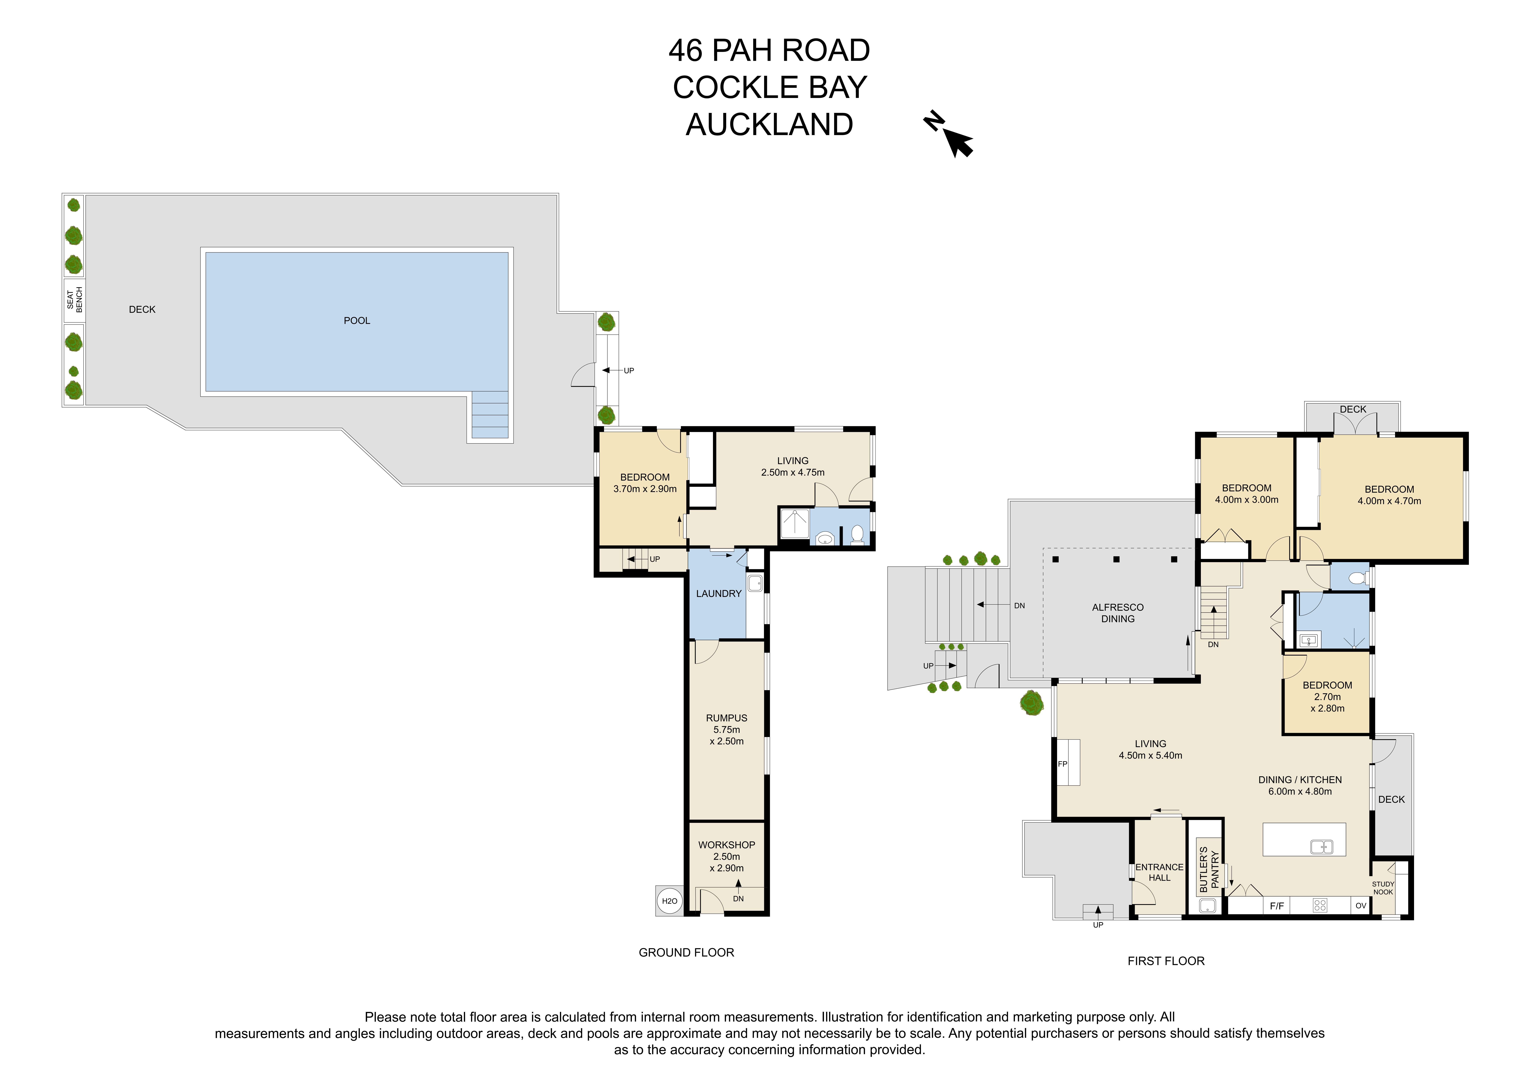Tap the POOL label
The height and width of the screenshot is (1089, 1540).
coord(357,321)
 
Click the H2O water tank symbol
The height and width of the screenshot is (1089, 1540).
coord(669,901)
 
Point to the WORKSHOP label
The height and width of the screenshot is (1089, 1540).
coord(726,845)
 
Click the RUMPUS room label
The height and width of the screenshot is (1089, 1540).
coord(726,718)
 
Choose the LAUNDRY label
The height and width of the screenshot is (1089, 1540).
coord(718,594)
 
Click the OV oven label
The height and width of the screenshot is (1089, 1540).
coord(1361,906)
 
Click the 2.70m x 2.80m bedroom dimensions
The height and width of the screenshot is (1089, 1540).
coord(1327,702)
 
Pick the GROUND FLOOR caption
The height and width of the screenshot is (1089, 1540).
coord(686,953)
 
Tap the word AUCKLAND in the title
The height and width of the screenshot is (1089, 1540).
coord(769,125)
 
